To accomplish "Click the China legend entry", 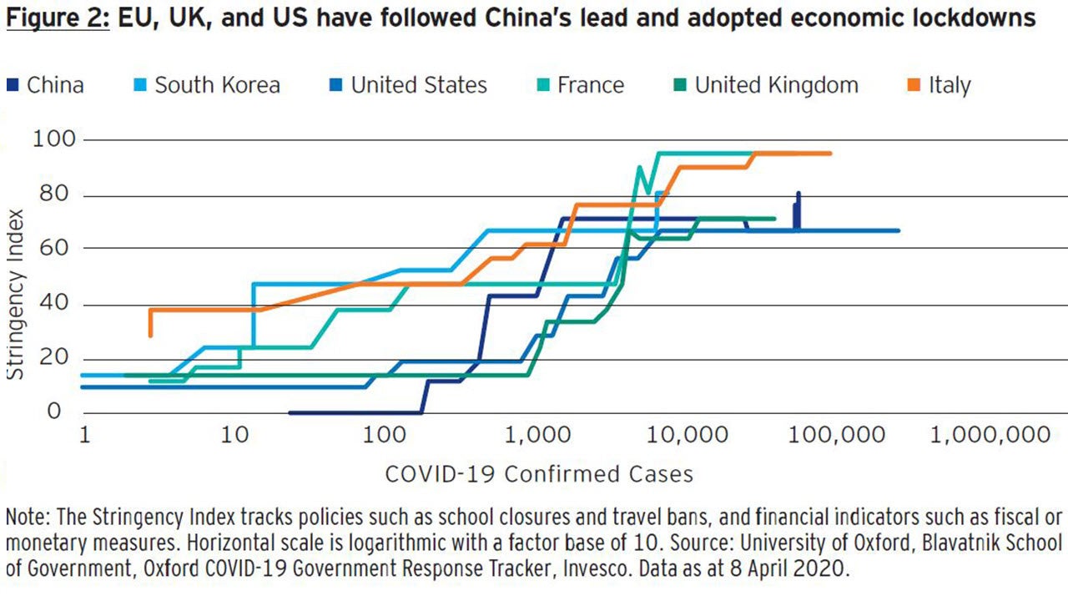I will point(54,85).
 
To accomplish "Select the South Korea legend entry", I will point(216,85).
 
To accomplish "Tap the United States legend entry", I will point(418,85).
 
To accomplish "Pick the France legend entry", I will point(590,85).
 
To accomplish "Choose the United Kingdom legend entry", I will point(775,85).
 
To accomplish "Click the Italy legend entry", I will point(949,85).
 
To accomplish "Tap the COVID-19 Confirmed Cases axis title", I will point(538,474).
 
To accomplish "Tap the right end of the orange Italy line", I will point(830,153).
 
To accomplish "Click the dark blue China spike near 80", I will point(798,195).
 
